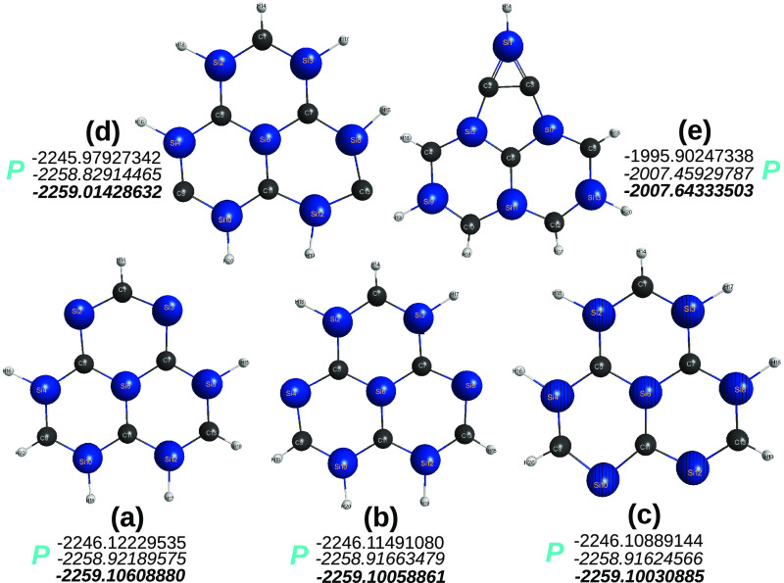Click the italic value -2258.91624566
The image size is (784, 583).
pyautogui.click(x=637, y=559)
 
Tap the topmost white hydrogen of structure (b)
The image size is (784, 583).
pyautogui.click(x=375, y=266)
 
